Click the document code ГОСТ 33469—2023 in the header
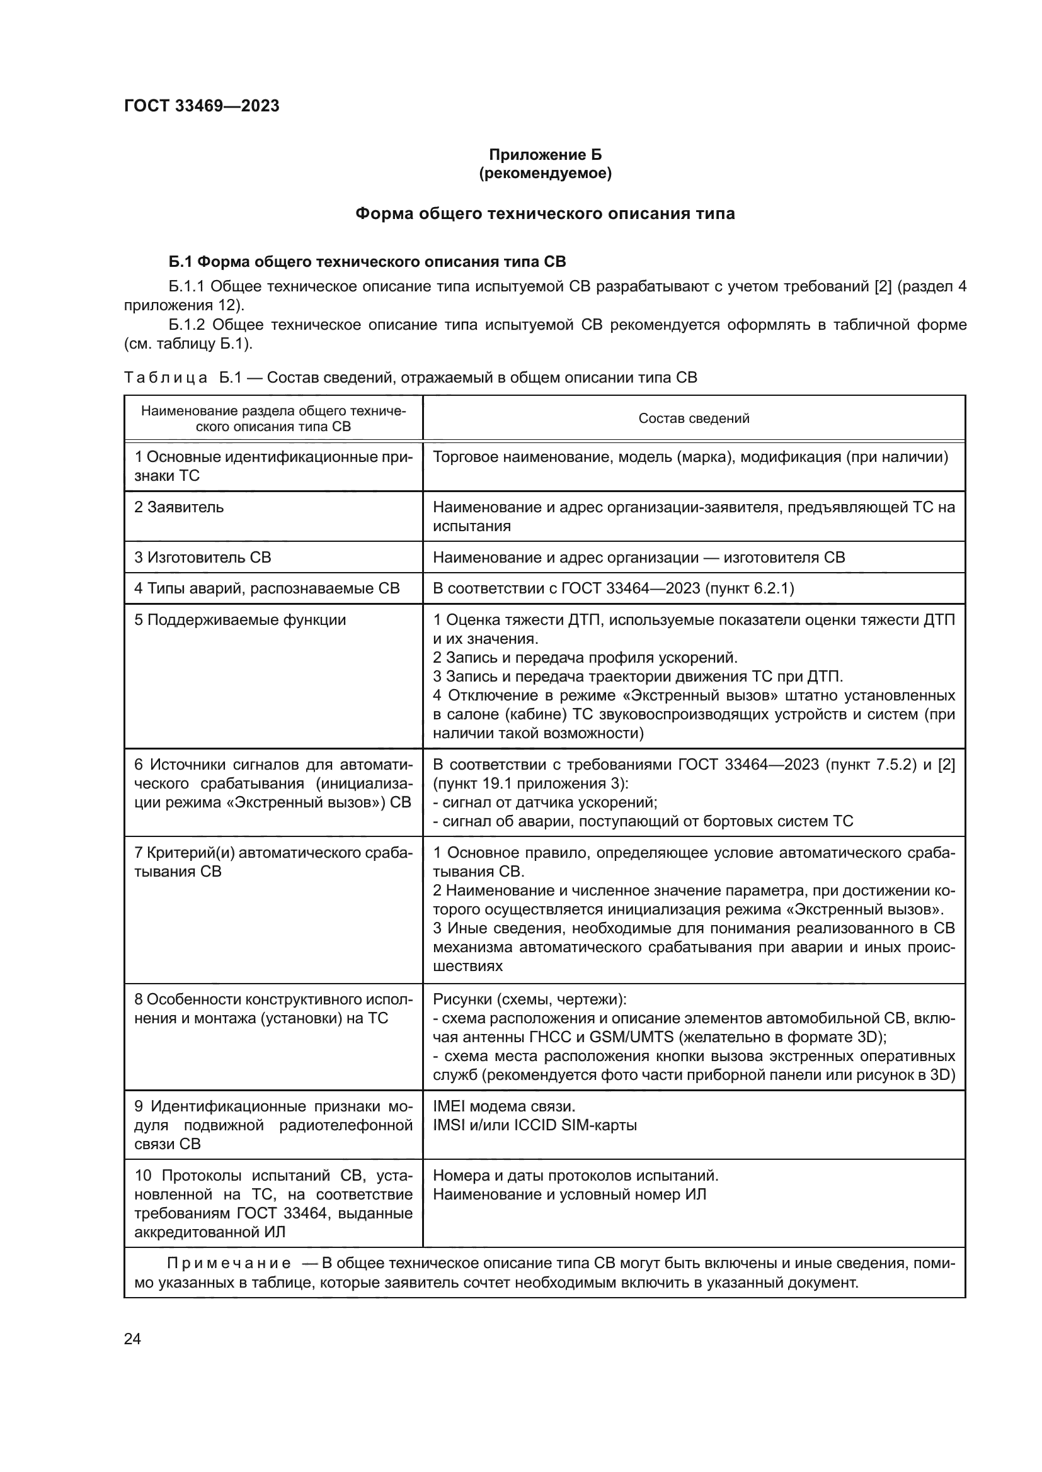point(202,106)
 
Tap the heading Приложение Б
point(545,155)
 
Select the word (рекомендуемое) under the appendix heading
point(545,173)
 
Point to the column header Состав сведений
point(694,419)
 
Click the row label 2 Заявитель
point(179,507)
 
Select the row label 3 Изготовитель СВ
point(203,557)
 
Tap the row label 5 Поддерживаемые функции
point(240,620)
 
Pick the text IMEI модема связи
point(505,1106)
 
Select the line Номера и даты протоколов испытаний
point(576,1176)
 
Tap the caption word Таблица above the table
point(166,378)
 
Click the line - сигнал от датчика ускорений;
point(546,802)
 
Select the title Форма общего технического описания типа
point(545,213)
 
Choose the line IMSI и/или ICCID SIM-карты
point(534,1125)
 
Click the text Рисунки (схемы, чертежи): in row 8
point(529,999)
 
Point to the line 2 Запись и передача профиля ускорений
point(585,658)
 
